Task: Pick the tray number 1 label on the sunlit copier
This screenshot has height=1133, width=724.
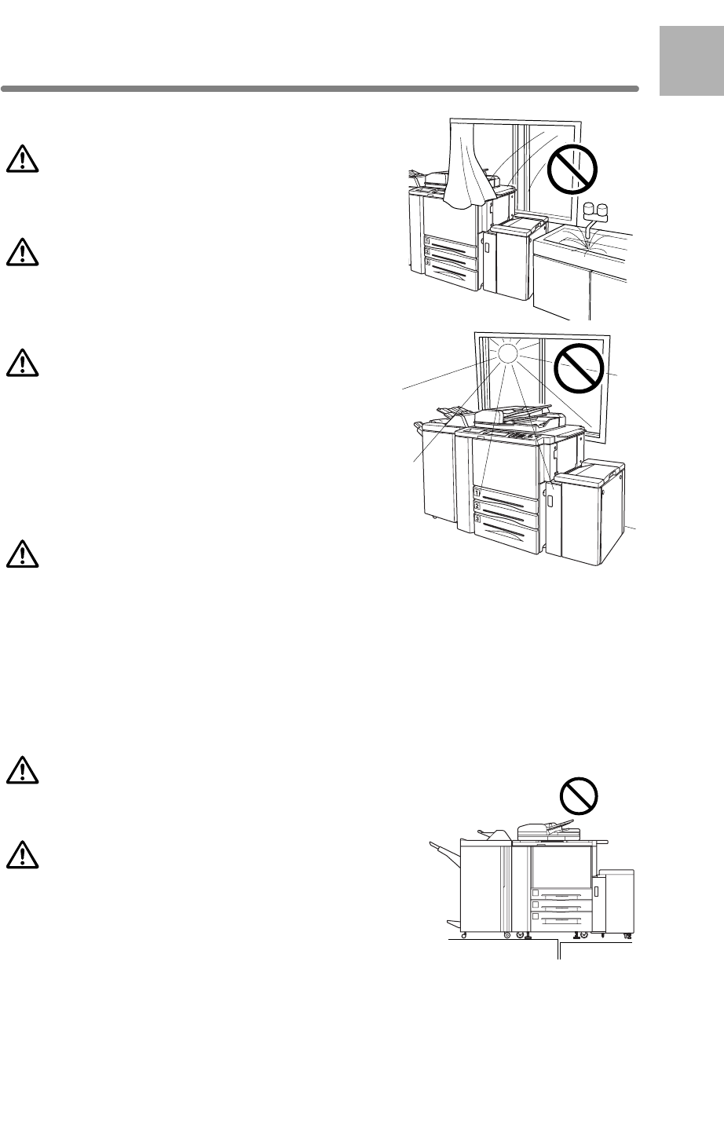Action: click(477, 492)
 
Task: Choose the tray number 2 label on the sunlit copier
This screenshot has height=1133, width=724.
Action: click(477, 506)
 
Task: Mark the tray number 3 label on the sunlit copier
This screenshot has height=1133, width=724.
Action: click(477, 519)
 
